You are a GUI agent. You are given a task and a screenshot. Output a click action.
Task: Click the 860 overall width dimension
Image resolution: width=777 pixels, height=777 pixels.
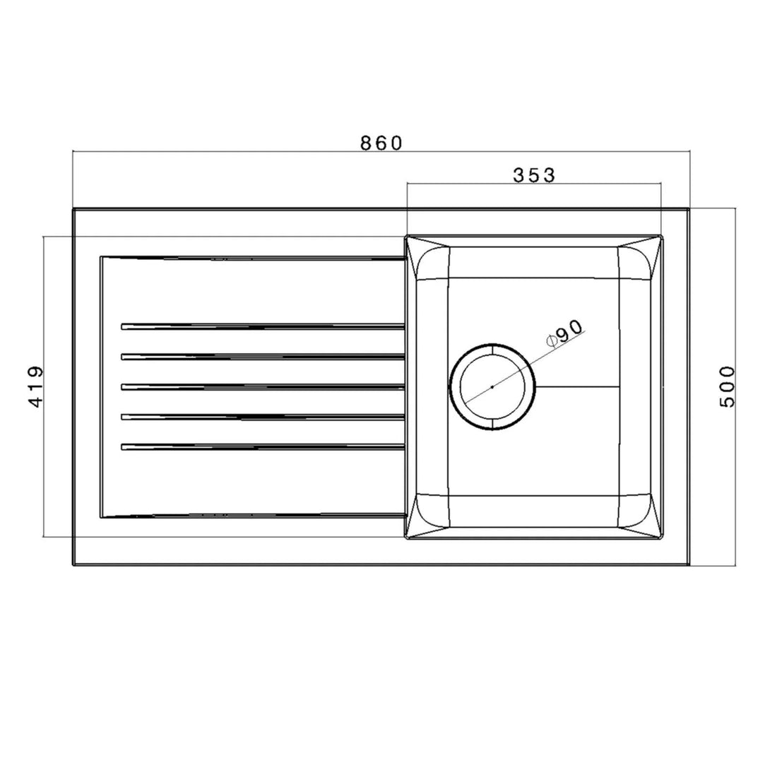coord(381,143)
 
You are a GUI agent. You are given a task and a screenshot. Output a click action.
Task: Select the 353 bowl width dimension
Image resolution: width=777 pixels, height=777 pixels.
coord(533,175)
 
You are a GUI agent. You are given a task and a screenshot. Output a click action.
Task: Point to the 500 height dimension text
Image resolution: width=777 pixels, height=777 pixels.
coord(727,386)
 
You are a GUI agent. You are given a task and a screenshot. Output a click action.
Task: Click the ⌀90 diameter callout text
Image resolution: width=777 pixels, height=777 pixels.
coord(564,333)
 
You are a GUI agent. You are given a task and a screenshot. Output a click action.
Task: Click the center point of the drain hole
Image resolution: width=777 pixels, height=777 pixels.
coord(492,387)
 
